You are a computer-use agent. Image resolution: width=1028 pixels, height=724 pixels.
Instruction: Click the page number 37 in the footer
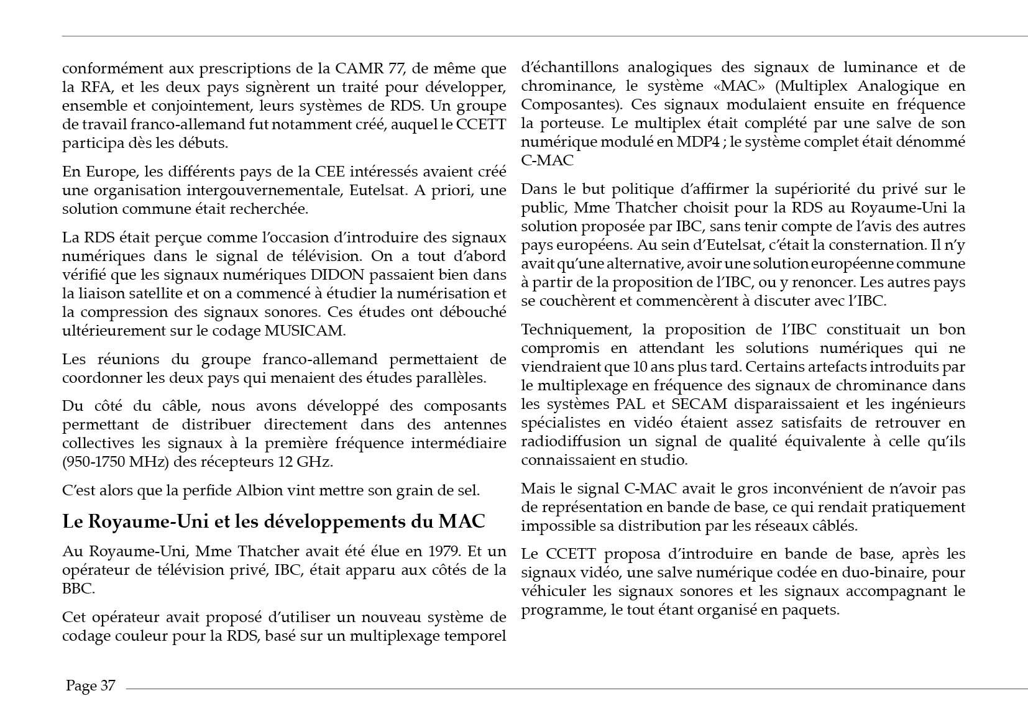coord(108,685)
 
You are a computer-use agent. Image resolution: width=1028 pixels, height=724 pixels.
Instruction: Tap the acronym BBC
coord(77,589)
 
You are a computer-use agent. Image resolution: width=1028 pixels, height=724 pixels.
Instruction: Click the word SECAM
coord(699,404)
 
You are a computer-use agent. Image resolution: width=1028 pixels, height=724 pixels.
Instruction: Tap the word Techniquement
coord(571,329)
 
